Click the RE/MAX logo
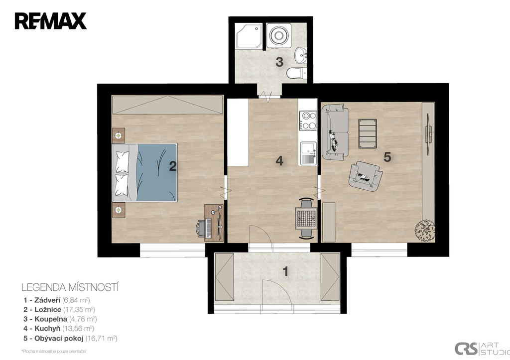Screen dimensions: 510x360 [x=50, y=21]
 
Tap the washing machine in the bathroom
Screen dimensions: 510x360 [x=278, y=34]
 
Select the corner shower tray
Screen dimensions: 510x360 [x=249, y=36]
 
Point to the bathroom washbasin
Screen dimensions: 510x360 [x=301, y=55]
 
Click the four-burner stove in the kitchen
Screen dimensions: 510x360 [x=308, y=120]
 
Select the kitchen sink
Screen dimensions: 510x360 [x=308, y=153]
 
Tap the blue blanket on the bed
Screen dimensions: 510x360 [x=157, y=172]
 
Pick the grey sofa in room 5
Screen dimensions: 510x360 [x=335, y=132]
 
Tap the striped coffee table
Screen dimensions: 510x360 [x=368, y=133]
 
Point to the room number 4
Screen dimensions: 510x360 [x=279, y=161]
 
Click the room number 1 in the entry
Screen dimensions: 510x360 [x=285, y=271]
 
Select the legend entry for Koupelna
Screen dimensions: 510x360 [x=60, y=319]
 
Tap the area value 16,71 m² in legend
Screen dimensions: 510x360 [x=101, y=338]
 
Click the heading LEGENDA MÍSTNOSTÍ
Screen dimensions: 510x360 [x=70, y=287]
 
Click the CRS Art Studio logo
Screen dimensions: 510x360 [x=482, y=348]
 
